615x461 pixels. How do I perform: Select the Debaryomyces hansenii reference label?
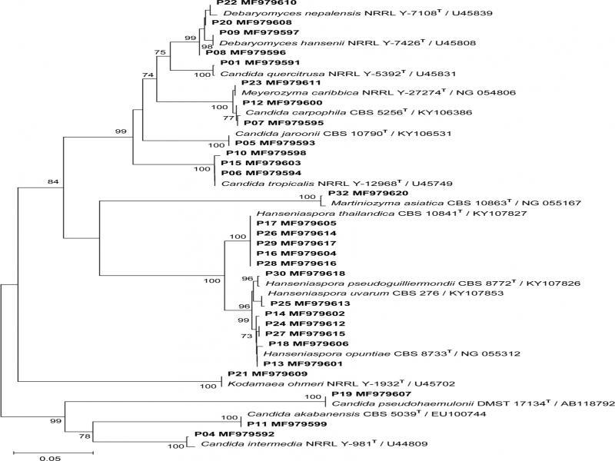coord(347,42)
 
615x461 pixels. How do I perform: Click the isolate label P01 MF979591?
coord(260,62)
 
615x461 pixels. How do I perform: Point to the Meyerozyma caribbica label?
coord(378,92)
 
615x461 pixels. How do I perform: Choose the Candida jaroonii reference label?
coord(344,133)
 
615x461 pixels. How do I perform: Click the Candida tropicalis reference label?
coord(337,183)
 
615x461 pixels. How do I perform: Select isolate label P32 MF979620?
coord(368,193)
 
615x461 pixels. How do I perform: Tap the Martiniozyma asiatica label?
coord(456,203)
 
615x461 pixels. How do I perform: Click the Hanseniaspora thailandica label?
coord(392,214)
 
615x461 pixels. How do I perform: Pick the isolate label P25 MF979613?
coord(311,303)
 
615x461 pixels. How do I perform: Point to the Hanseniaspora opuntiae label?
coord(392,353)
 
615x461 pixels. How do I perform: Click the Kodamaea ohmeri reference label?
coord(341,383)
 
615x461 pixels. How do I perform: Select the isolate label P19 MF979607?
coord(371,393)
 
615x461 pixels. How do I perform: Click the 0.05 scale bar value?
coord(50,458)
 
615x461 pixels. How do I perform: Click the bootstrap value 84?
coord(53,181)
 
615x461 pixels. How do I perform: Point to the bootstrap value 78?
coord(85,436)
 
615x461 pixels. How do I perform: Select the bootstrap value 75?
coord(160,52)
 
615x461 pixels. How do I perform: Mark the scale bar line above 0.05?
coord(53,453)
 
